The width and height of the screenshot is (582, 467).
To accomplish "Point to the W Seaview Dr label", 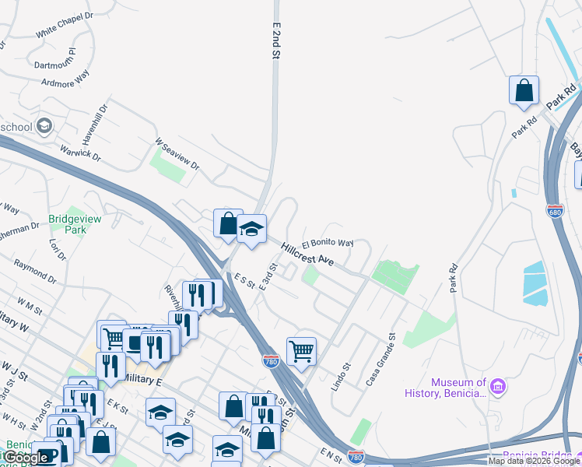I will (177, 155).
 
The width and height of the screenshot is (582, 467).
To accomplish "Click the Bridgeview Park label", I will (75, 225).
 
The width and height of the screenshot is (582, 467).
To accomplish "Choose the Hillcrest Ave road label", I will (307, 255).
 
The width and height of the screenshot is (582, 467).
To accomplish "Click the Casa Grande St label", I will (381, 359).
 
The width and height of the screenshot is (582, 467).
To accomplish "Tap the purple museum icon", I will (499, 385).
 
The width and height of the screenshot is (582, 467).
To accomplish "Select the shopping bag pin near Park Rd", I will (524, 90).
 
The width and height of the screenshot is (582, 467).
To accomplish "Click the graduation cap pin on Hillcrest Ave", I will (251, 230).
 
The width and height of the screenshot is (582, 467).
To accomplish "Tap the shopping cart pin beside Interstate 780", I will (301, 351).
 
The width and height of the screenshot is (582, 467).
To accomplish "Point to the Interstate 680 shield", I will (555, 211).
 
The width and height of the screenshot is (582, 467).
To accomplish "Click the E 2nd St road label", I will (275, 43).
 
